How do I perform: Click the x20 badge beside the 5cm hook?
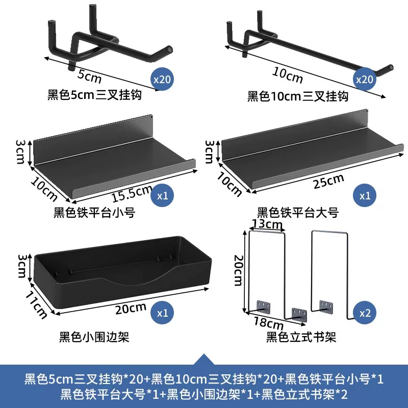(x=162, y=79)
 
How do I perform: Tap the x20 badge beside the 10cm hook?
(x=364, y=79)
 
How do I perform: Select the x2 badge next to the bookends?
(x=364, y=313)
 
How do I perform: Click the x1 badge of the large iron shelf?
(x=364, y=196)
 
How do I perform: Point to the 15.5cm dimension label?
(x=132, y=193)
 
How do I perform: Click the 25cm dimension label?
(x=329, y=181)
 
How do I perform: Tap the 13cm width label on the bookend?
(x=267, y=224)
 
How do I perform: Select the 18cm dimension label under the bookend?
(x=269, y=322)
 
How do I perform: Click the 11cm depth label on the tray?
(x=36, y=304)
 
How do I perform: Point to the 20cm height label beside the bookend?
(x=238, y=271)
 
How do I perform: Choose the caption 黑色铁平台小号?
(x=94, y=212)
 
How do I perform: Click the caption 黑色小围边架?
(x=94, y=337)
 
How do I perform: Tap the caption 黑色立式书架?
(x=301, y=337)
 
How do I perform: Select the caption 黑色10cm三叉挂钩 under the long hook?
(x=298, y=96)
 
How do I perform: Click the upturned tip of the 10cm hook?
(x=391, y=67)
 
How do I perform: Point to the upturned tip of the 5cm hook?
(x=169, y=48)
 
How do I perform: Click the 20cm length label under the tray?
(x=131, y=309)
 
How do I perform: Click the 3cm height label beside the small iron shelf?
(x=20, y=152)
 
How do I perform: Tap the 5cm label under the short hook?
(x=89, y=76)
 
